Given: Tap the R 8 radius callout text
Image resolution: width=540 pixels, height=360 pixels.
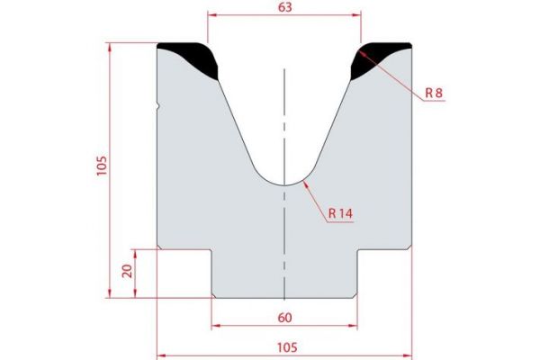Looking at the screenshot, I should pos(434,93).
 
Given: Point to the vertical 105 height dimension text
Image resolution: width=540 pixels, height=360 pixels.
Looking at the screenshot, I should pos(102,167).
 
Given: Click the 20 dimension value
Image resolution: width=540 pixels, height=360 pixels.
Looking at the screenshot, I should pos(127,271).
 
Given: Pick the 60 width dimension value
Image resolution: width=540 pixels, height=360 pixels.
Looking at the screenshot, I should pos(284,316).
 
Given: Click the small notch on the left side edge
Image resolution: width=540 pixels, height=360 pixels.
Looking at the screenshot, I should pos(158,106).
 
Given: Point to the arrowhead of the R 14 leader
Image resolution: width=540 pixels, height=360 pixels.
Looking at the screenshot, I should pos(308,182).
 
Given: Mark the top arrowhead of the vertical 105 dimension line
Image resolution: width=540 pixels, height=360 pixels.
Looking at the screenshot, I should pos(111,45).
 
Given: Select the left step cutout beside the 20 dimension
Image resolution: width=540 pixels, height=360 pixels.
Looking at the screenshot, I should pos(184,273).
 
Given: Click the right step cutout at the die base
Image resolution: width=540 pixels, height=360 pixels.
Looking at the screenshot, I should pos(385,273).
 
